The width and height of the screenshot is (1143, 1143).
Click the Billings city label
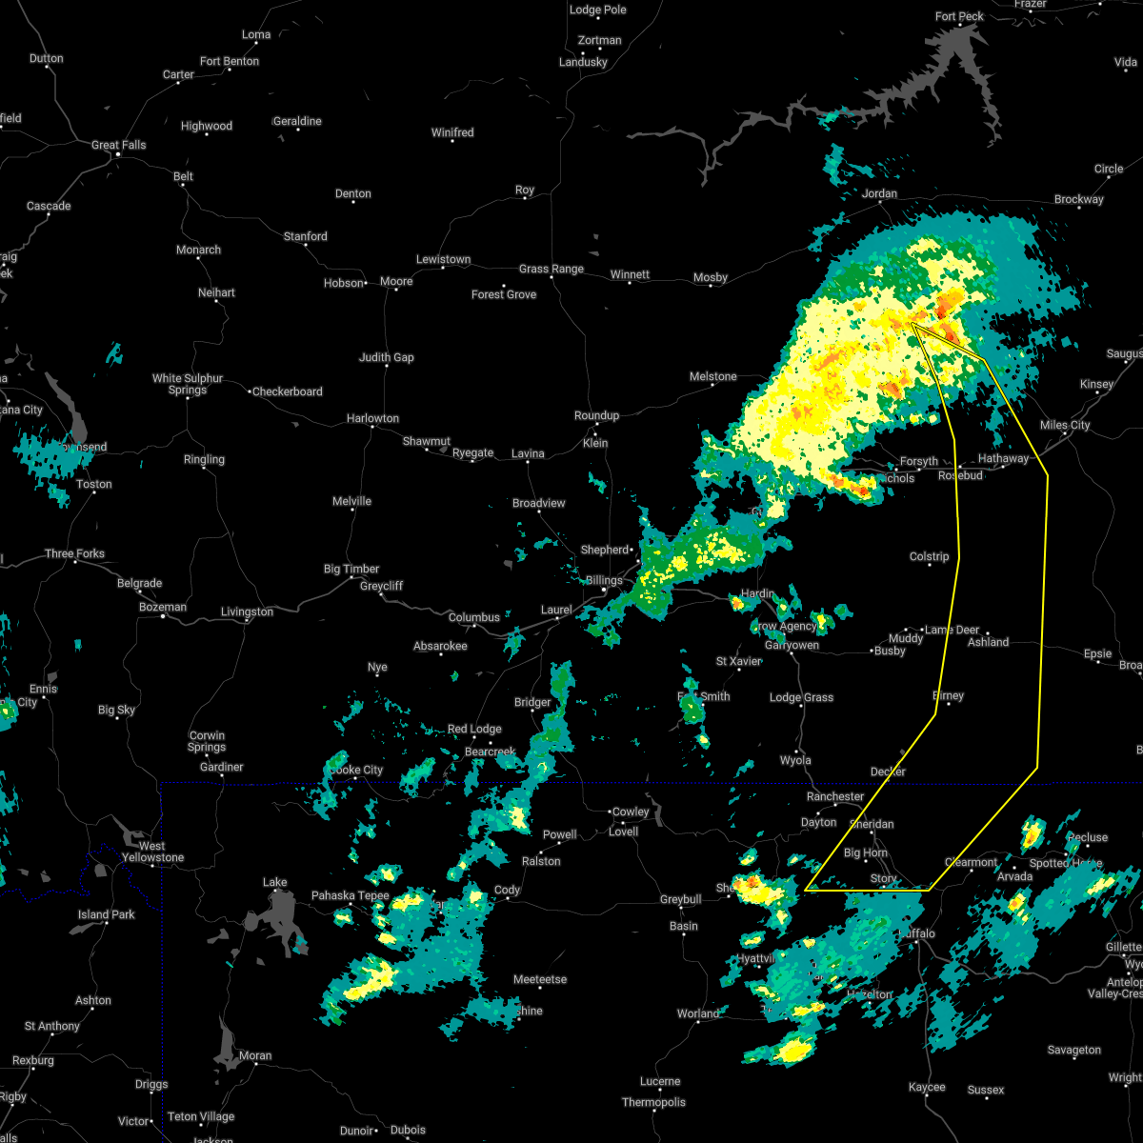pyautogui.click(x=603, y=580)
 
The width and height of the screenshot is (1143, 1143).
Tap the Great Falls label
pyautogui.click(x=119, y=145)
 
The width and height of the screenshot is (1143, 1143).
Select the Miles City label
pyautogui.click(x=1065, y=425)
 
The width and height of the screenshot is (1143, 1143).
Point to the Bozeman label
pyautogui.click(x=163, y=607)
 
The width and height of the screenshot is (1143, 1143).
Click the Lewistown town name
pyautogui.click(x=443, y=259)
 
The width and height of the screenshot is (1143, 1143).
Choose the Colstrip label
pyautogui.click(x=929, y=556)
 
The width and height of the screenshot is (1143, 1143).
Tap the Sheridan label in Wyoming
pyautogui.click(x=872, y=824)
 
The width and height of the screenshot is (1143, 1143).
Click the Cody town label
pyautogui.click(x=507, y=890)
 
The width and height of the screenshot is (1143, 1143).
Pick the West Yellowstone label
pyautogui.click(x=152, y=852)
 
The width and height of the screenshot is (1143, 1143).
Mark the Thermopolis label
pyautogui.click(x=654, y=1102)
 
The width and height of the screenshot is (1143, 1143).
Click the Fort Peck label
pyautogui.click(x=959, y=16)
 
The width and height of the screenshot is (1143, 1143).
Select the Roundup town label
pyautogui.click(x=596, y=415)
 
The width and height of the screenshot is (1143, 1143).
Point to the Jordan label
pyautogui.click(x=880, y=193)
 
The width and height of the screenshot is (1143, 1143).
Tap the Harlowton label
pyautogui.click(x=372, y=418)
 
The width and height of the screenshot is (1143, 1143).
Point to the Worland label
pyautogui.click(x=698, y=1013)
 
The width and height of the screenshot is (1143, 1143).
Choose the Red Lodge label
pyautogui.click(x=474, y=729)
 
